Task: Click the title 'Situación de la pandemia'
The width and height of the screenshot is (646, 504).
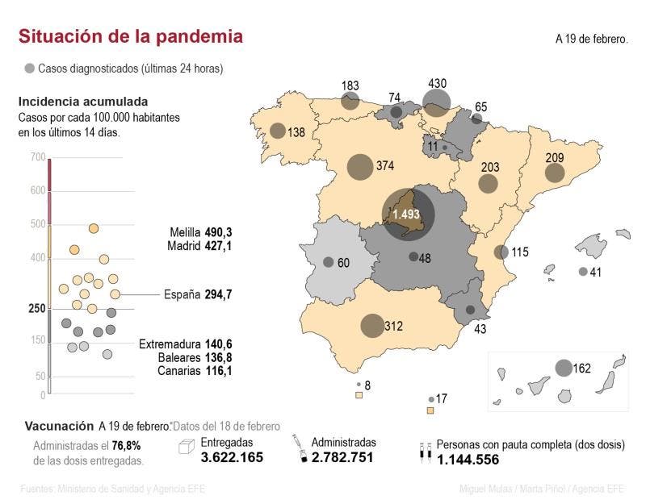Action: pos(130,37)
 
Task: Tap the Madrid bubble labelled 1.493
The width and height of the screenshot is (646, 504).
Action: pos(407,215)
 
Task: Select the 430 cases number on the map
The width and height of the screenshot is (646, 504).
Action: pos(437,83)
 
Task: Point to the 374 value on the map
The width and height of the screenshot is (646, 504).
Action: pos(384,166)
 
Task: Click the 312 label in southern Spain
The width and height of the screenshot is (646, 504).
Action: pos(393,326)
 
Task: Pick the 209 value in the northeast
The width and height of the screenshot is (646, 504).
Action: pos(577,158)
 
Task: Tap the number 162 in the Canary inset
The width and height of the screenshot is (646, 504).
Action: pos(582,369)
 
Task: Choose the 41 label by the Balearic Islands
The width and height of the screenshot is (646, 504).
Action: pos(596,272)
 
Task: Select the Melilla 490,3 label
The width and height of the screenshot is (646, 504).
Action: pos(201,231)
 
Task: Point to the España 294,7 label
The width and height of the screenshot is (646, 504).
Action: pos(198,294)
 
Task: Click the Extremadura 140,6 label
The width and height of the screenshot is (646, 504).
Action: pos(185,344)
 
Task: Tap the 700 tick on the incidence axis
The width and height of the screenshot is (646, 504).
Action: pos(38,156)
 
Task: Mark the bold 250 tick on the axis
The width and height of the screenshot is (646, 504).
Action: pos(36,308)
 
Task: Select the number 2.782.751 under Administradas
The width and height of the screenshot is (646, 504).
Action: pos(344,457)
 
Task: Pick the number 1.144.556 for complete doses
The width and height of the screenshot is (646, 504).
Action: pos(468,459)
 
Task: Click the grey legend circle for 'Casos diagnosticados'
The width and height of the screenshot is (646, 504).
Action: pos(31,69)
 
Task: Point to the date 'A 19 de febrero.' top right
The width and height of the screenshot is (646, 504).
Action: pos(591,38)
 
